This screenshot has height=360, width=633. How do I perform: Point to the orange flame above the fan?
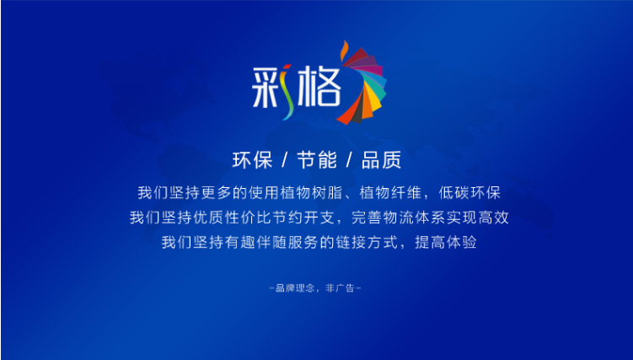pos(345,51)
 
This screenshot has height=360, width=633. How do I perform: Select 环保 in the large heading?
pos(252,160)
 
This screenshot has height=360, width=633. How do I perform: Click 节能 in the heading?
pos(317,160)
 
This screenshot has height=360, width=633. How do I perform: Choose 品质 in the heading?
pos(382,160)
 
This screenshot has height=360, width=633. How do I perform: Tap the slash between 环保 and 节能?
pos(285,160)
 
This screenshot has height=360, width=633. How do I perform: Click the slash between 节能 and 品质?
pos(349,160)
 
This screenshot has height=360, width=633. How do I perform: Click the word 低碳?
pos(453,192)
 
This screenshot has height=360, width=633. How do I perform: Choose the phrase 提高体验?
pos(446,242)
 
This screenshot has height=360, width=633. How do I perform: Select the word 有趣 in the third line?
pos(239,242)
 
